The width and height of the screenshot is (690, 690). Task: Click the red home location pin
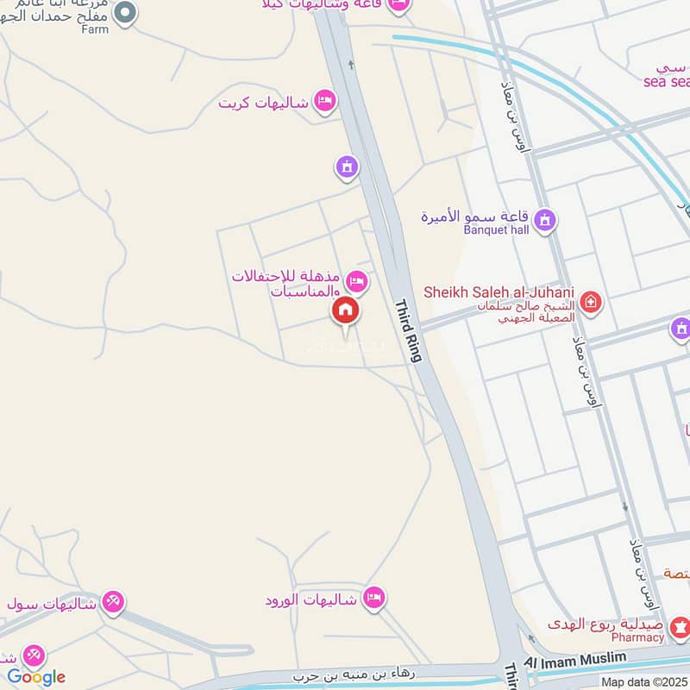tap(346, 311)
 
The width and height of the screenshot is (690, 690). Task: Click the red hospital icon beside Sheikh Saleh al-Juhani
tap(591, 302)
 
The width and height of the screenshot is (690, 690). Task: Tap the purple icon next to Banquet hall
tap(545, 222)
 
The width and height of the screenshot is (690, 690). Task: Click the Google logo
tap(36, 677)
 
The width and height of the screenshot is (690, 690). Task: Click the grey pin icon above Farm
tap(126, 12)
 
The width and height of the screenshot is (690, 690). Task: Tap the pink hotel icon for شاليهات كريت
tap(325, 102)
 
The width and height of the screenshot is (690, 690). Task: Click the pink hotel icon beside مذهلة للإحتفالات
tap(356, 281)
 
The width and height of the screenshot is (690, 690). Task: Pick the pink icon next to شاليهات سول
tap(112, 600)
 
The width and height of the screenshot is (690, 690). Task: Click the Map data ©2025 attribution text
tap(644, 681)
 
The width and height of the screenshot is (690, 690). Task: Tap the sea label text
tap(666, 82)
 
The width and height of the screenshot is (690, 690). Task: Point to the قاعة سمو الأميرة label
tap(475, 216)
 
